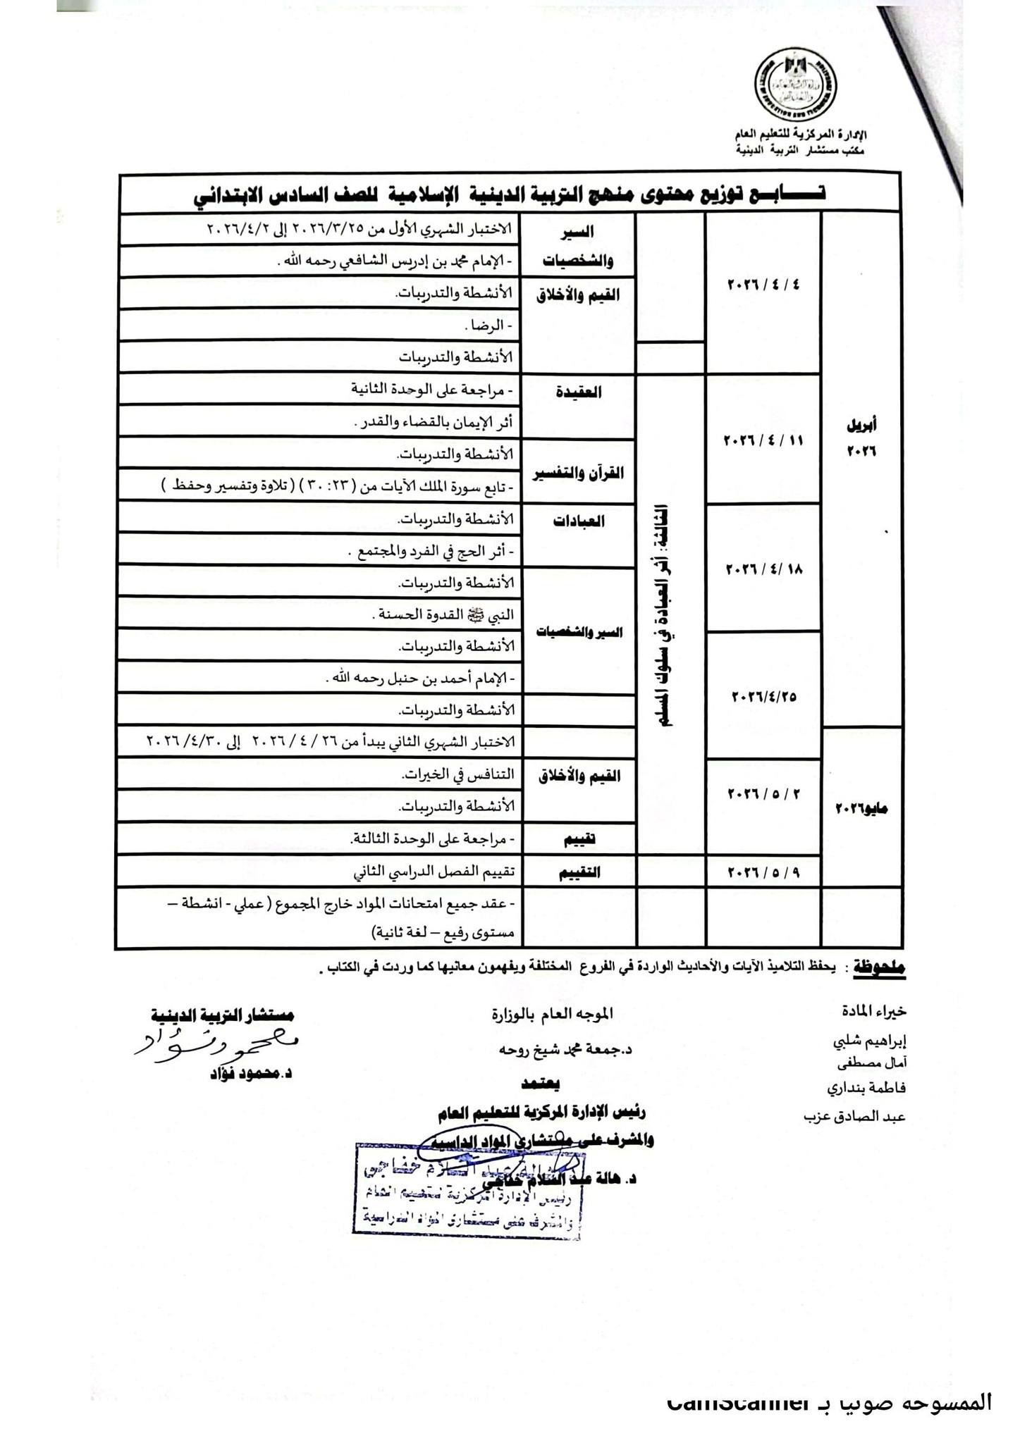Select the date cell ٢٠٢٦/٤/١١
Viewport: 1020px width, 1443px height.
763,440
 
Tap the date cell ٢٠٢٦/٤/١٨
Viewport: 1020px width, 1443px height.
763,569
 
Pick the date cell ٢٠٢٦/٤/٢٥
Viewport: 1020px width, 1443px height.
764,696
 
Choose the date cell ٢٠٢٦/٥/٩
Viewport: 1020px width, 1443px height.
764,872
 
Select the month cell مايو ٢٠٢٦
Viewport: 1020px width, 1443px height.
861,809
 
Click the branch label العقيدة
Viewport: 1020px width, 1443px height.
579,392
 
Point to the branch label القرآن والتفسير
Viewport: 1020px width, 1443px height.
579,473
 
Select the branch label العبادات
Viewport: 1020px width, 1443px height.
579,522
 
